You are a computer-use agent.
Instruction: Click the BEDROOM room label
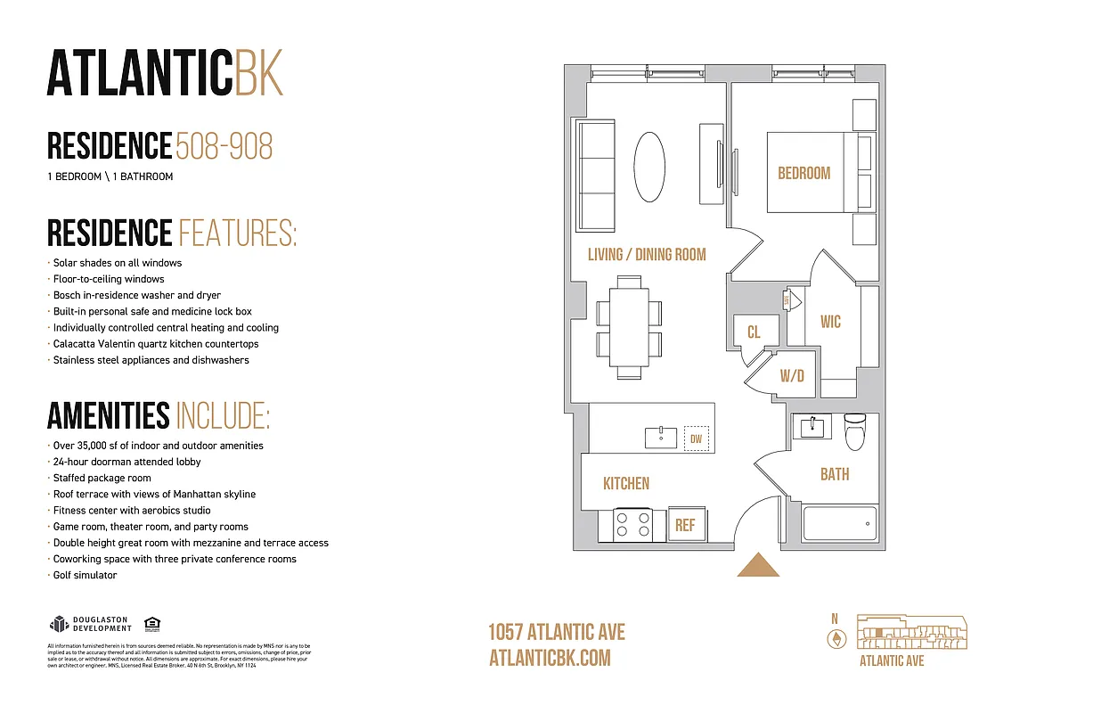tap(803, 173)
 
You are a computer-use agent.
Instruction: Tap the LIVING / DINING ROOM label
tap(646, 255)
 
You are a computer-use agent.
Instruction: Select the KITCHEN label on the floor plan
tap(626, 483)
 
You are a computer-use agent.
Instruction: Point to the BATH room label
tap(835, 474)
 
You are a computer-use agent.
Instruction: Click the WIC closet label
tap(830, 322)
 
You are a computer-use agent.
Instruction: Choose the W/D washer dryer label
tap(792, 376)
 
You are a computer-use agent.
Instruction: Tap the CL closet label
tap(754, 332)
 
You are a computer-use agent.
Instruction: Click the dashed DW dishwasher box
tap(697, 438)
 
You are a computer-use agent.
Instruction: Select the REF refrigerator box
tap(685, 525)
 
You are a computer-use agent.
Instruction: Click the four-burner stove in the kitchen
tap(632, 524)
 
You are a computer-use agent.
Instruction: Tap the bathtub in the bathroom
tap(839, 523)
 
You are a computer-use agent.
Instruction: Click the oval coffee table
tap(649, 167)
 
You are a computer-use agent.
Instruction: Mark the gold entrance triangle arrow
tap(759, 565)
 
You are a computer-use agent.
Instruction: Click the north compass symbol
tap(836, 638)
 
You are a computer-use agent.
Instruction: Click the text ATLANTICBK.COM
tap(550, 658)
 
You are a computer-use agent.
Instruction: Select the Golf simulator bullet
tap(85, 575)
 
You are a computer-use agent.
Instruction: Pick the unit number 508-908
tap(224, 146)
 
